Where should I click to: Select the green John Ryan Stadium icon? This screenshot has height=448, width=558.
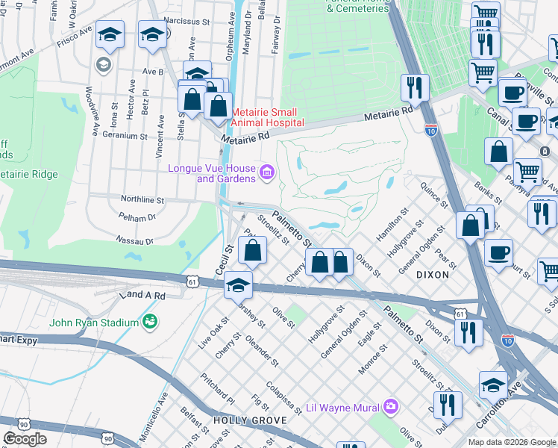coord(150,322)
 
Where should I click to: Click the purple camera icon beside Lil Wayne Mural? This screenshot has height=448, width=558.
coord(391,407)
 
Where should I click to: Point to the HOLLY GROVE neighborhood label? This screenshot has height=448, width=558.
coord(239,420)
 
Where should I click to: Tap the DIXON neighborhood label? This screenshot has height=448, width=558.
coord(433,274)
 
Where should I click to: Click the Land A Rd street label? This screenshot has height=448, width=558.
coord(145,296)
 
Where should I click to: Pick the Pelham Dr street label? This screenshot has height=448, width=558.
coord(137,218)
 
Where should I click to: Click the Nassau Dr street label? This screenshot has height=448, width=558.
coord(134,241)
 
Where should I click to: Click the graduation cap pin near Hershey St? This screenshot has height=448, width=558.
coord(238,285)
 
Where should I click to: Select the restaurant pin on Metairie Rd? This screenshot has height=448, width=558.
coord(413,88)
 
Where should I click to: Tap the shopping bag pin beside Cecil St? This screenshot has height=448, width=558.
coord(253,252)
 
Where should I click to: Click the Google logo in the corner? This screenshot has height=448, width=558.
coord(25,439)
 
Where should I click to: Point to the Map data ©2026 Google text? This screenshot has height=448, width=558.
coord(511,442)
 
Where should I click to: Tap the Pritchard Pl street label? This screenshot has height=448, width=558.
coord(217,389)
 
